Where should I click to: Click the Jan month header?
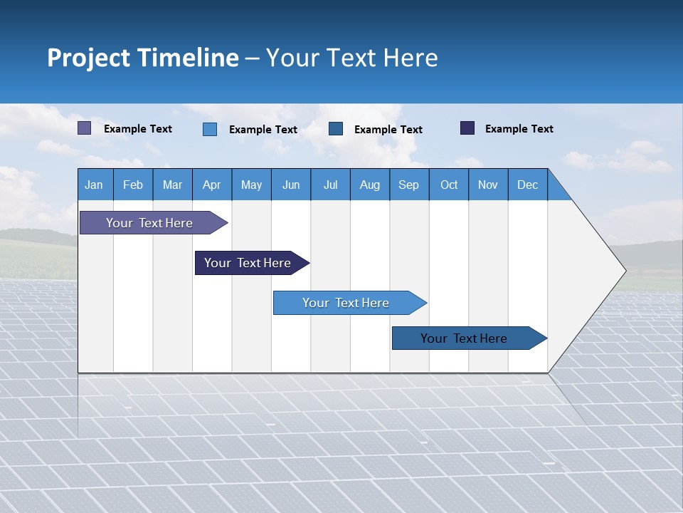(x=94, y=185)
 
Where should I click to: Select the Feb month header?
(x=133, y=185)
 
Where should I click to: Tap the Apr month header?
(x=212, y=185)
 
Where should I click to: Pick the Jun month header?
(x=291, y=185)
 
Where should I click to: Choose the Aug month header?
(x=370, y=185)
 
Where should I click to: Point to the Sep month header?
(x=409, y=185)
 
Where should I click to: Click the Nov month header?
(x=488, y=185)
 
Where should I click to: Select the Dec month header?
(x=528, y=185)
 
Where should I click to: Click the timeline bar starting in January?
(x=149, y=223)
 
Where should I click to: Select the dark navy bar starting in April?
(x=248, y=263)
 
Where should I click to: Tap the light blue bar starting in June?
(x=346, y=303)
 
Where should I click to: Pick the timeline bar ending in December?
(x=464, y=338)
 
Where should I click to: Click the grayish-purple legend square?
(x=85, y=128)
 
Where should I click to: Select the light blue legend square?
(x=210, y=129)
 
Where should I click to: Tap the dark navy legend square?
(x=467, y=128)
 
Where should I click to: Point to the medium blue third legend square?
(x=336, y=129)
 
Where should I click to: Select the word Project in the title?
(x=88, y=58)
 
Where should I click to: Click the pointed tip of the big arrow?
(x=624, y=271)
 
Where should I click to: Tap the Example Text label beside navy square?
(x=519, y=129)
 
